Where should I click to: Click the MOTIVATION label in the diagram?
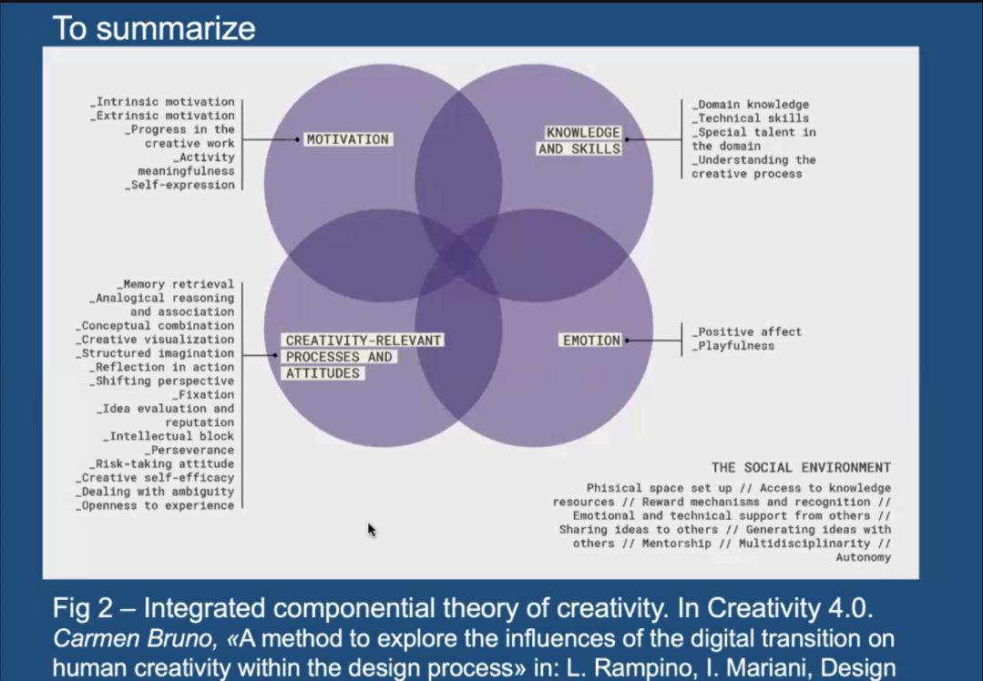coord(348,139)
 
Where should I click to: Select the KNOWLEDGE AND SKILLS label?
coord(580,140)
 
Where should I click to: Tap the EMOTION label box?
coord(591,340)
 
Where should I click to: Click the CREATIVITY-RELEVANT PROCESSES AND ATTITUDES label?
coord(363,357)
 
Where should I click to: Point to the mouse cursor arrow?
coord(372,530)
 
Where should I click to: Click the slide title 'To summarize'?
coord(154,28)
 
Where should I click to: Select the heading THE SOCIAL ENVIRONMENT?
coord(801,467)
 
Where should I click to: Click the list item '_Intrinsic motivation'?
coord(162,101)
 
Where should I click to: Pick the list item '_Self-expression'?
coord(179,185)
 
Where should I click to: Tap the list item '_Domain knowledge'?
coord(751,105)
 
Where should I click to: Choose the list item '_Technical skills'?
coord(751,118)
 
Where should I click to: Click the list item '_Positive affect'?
coord(747,331)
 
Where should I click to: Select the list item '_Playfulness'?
coord(732,346)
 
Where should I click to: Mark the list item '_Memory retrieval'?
coord(175,284)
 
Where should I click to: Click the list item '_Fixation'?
coord(203,395)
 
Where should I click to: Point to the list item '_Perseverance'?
coord(189,450)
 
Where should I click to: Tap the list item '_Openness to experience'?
coord(155,505)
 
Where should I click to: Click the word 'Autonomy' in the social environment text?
coord(864,557)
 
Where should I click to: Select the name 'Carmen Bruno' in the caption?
coord(135,638)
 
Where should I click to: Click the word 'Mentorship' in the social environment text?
coord(677,544)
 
